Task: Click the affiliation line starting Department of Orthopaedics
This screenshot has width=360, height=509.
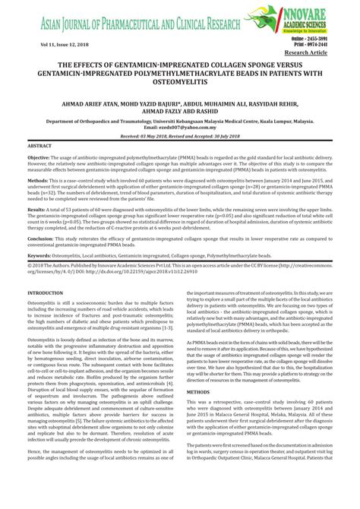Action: (x=179, y=119)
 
